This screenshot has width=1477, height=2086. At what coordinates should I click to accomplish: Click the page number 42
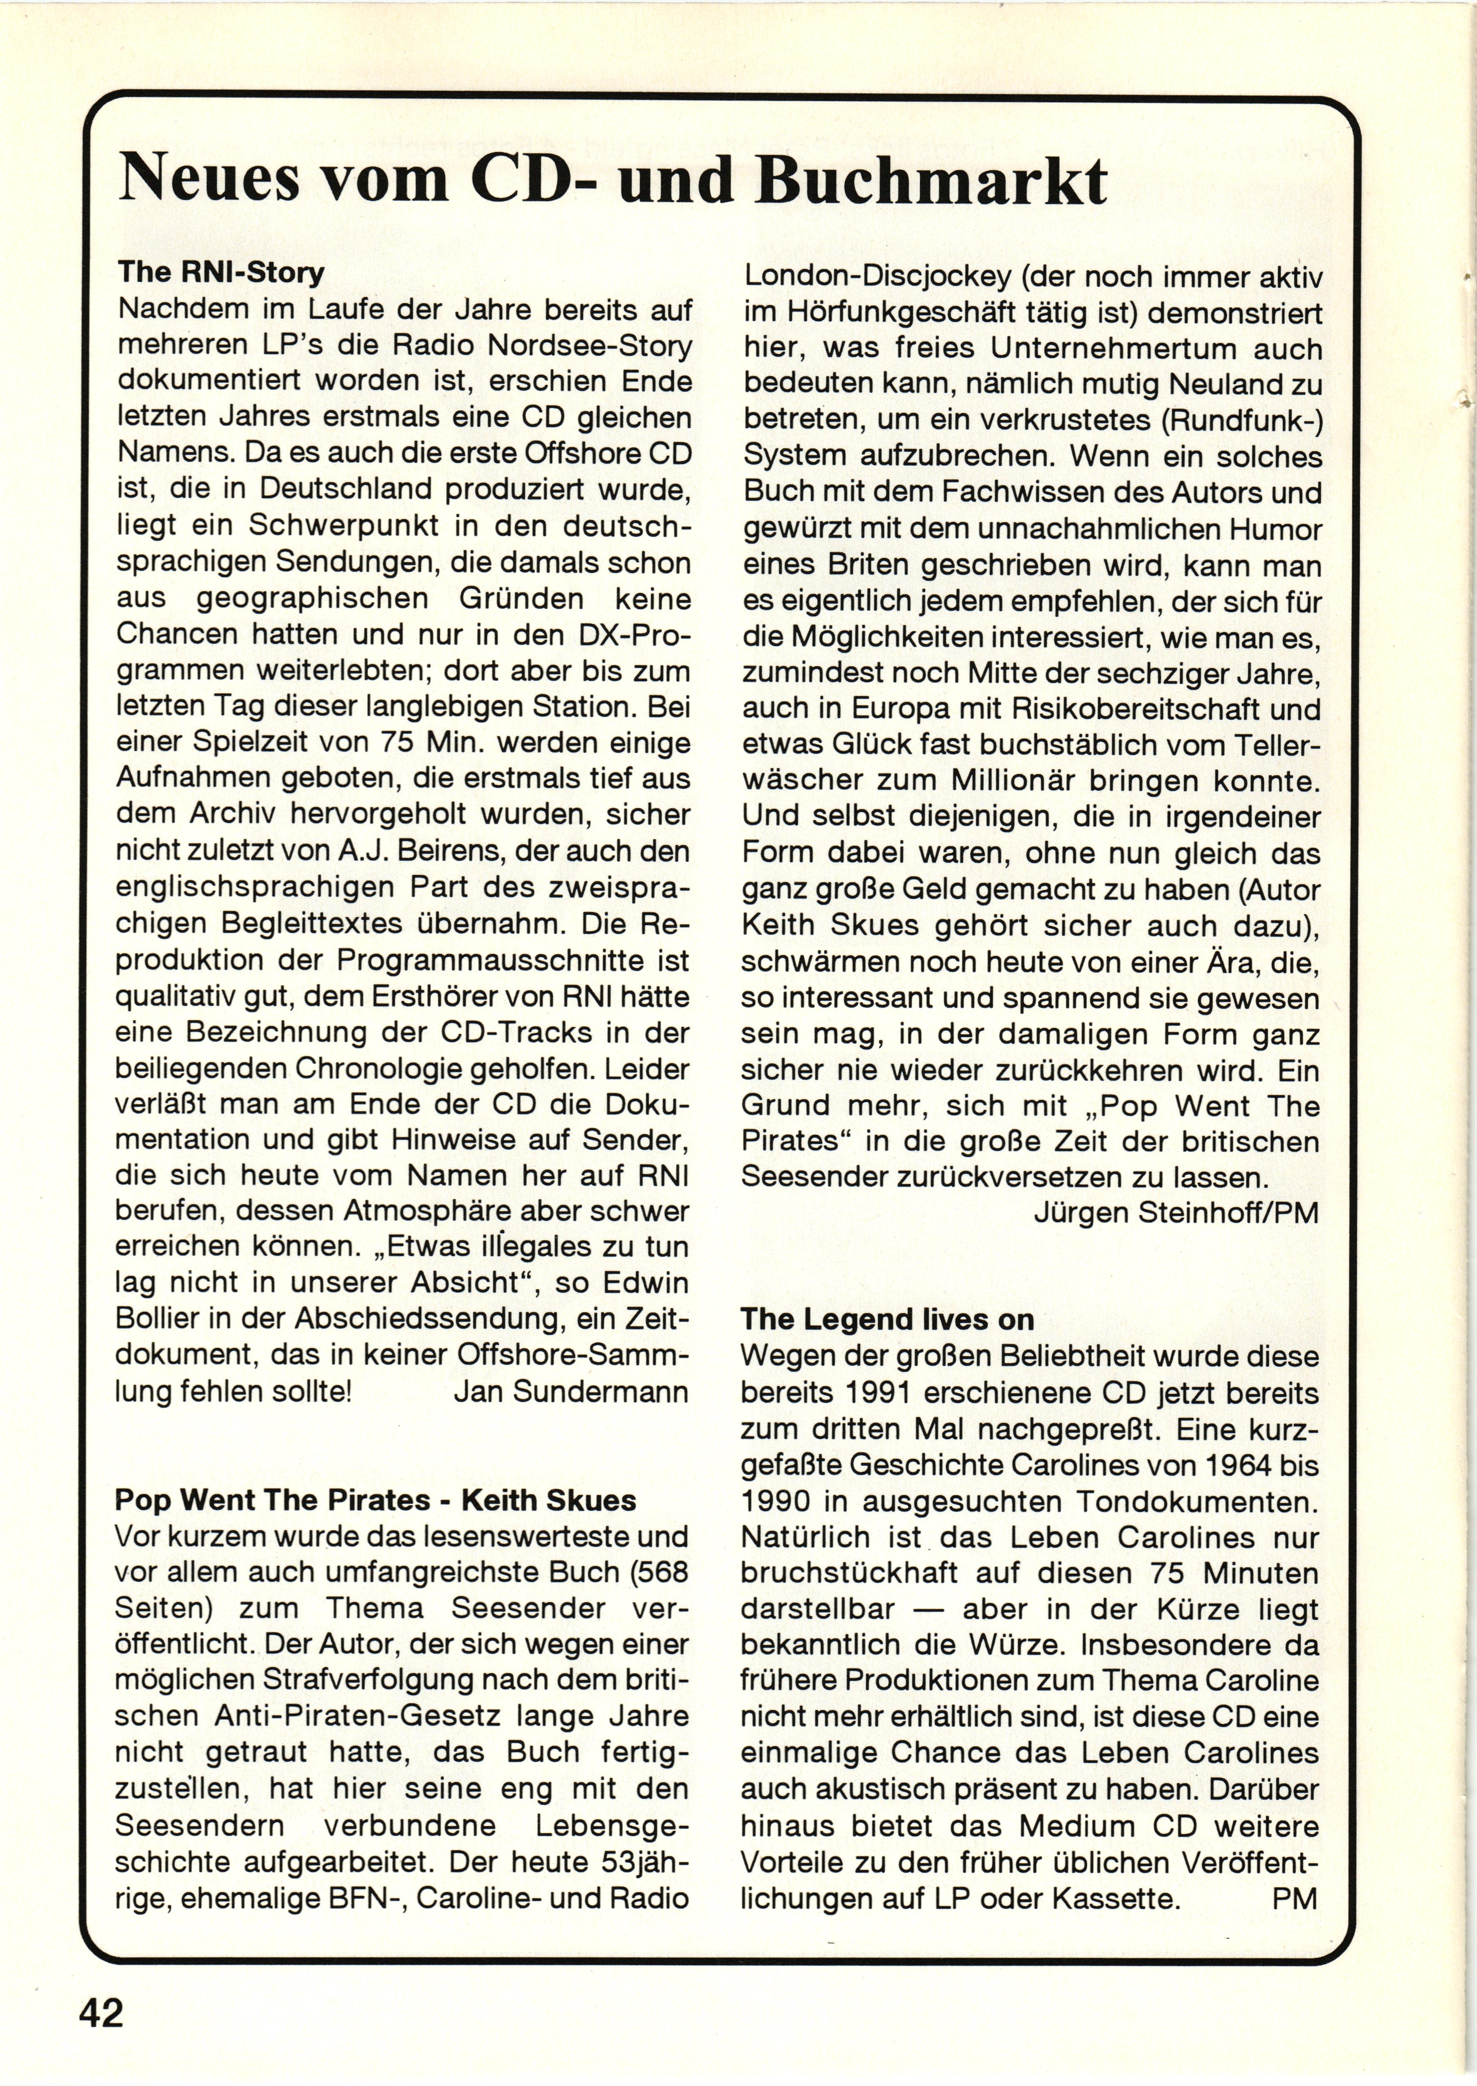pyautogui.click(x=101, y=2012)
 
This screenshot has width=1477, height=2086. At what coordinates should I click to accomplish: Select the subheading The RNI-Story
pyautogui.click(x=221, y=272)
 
